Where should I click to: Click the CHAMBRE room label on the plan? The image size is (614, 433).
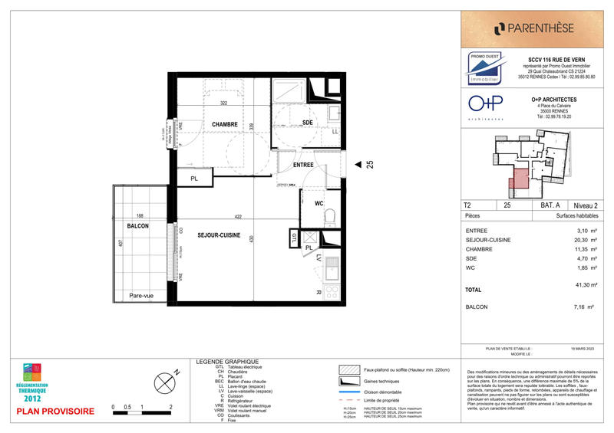point(215,124)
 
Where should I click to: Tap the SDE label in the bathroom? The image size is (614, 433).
point(307,123)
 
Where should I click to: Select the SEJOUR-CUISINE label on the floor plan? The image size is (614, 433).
point(219,235)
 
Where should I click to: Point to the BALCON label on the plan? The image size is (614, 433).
point(137,228)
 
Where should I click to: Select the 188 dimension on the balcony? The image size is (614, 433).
point(140,216)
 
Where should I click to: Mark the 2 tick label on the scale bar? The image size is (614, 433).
point(170,408)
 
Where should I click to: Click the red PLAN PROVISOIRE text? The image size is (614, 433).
point(55,412)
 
